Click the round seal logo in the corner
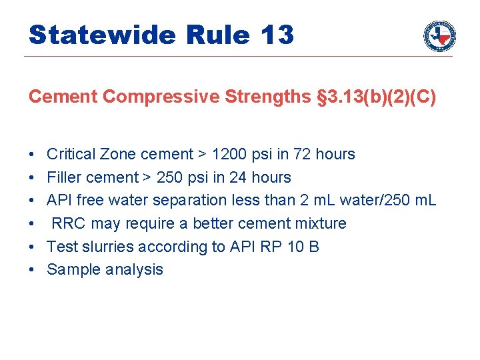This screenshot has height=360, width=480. click(x=439, y=35)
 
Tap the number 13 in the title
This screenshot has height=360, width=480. click(x=277, y=35)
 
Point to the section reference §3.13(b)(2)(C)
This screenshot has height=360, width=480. click(x=376, y=97)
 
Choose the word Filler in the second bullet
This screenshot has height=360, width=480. click(x=61, y=178)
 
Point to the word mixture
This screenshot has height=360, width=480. click(x=319, y=223)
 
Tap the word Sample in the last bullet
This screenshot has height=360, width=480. click(x=70, y=269)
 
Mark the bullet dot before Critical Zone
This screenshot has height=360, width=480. click(x=32, y=155)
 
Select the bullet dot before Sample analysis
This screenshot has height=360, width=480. click(x=32, y=269)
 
